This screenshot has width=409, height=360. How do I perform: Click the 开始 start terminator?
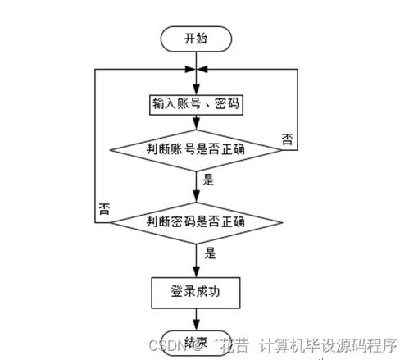pos(196,39)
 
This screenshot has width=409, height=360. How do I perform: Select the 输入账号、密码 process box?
pos(196,105)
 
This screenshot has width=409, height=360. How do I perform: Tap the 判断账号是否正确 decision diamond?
pos(196,150)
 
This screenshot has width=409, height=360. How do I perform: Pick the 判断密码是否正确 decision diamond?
pos(196,221)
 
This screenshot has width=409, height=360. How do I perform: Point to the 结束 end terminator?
pos(196,342)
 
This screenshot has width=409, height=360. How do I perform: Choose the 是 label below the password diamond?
pos(209,253)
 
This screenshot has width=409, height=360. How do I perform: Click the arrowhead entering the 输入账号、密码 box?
pos(196,91)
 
